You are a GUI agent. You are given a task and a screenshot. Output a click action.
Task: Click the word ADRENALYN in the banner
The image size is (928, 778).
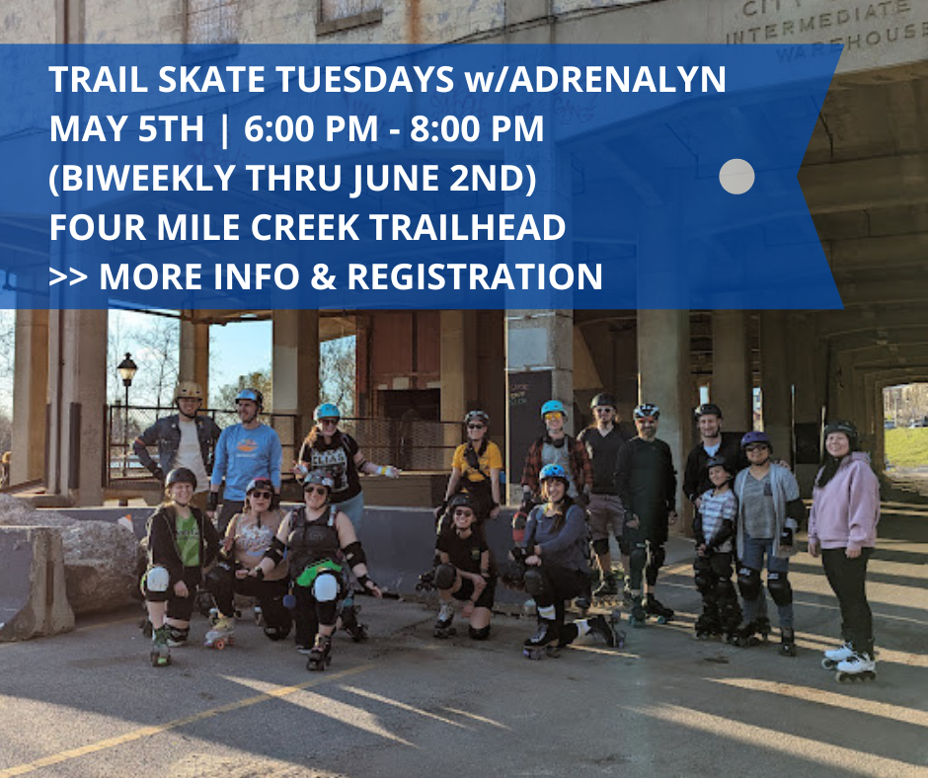click(x=614, y=80)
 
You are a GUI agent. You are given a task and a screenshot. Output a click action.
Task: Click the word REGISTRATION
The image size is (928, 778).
click(x=475, y=277)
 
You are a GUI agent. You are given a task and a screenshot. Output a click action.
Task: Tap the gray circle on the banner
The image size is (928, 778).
click(x=736, y=177)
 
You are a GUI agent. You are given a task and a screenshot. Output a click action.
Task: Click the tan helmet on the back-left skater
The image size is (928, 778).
click(x=188, y=392)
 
